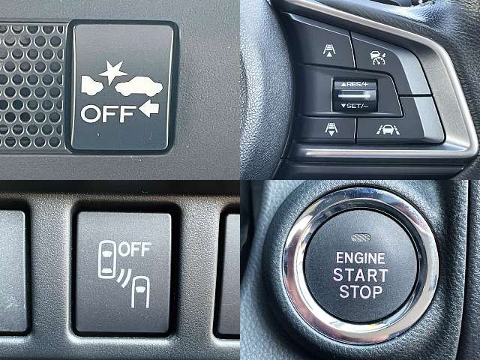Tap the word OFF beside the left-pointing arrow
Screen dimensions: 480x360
[x=108, y=114]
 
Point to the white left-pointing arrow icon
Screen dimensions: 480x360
[x=149, y=108]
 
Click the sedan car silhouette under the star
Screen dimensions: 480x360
[x=139, y=86]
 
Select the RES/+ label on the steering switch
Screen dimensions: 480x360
[x=355, y=84]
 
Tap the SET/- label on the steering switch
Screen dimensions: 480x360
[x=355, y=106]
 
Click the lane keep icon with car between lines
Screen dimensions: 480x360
[x=388, y=130]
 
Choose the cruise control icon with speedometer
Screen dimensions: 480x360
[x=378, y=58]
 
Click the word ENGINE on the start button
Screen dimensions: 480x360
[x=360, y=258]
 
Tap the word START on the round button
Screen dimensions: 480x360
[x=360, y=275]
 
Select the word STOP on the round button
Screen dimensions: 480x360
[x=361, y=292]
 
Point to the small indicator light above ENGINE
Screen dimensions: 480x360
[x=361, y=238]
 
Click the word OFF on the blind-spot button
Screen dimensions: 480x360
[x=135, y=249]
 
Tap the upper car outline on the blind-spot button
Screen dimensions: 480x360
[x=106, y=259]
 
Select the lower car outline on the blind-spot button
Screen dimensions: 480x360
[x=140, y=292]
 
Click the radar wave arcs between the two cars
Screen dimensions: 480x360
[x=124, y=277]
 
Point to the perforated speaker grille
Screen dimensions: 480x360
[x=31, y=85]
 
